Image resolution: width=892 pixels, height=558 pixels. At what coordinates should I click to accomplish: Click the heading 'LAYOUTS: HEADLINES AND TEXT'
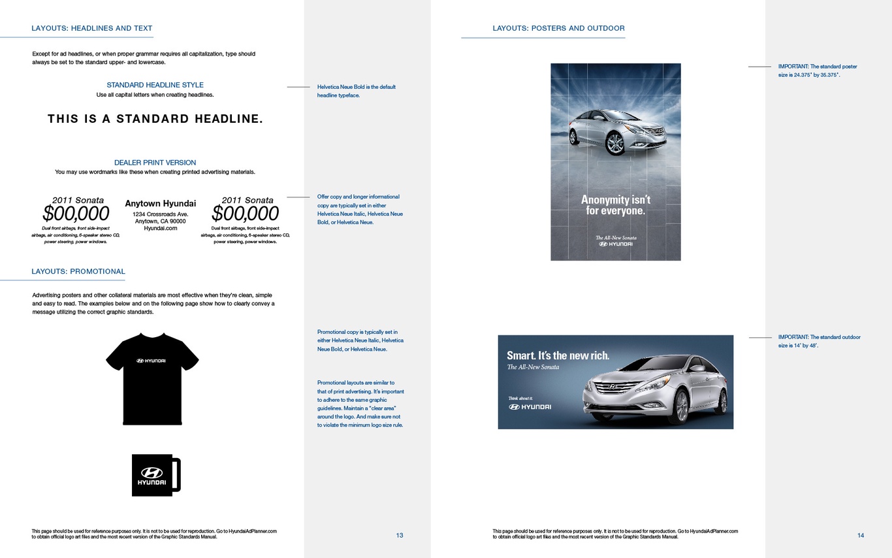[x=92, y=28]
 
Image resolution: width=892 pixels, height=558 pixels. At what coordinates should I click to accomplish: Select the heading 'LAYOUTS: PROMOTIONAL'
[x=78, y=272]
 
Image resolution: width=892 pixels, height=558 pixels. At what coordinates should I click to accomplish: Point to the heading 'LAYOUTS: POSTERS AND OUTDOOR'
[x=558, y=28]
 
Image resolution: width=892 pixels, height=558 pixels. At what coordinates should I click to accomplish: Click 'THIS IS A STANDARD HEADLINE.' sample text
[x=155, y=119]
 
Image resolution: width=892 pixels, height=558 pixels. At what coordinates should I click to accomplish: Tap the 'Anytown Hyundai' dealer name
[x=160, y=203]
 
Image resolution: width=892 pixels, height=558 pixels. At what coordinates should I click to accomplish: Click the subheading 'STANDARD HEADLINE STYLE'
[x=155, y=85]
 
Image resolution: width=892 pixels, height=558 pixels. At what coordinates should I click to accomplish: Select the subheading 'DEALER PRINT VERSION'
[x=155, y=163]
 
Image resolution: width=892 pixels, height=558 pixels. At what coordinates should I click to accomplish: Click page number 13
[x=400, y=535]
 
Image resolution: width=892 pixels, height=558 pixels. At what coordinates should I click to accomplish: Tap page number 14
[x=861, y=535]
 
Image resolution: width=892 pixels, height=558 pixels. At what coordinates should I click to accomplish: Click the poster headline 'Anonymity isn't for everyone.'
[x=616, y=205]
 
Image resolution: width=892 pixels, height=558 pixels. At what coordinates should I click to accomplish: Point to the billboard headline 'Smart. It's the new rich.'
[x=558, y=355]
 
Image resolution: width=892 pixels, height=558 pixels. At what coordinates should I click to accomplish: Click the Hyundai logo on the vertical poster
[x=616, y=244]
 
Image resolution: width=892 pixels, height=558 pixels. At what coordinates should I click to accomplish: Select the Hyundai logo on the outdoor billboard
[x=530, y=407]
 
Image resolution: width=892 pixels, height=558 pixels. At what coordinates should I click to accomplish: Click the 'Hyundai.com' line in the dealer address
[x=160, y=229]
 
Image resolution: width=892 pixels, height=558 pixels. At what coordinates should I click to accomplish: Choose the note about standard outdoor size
[x=819, y=341]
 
